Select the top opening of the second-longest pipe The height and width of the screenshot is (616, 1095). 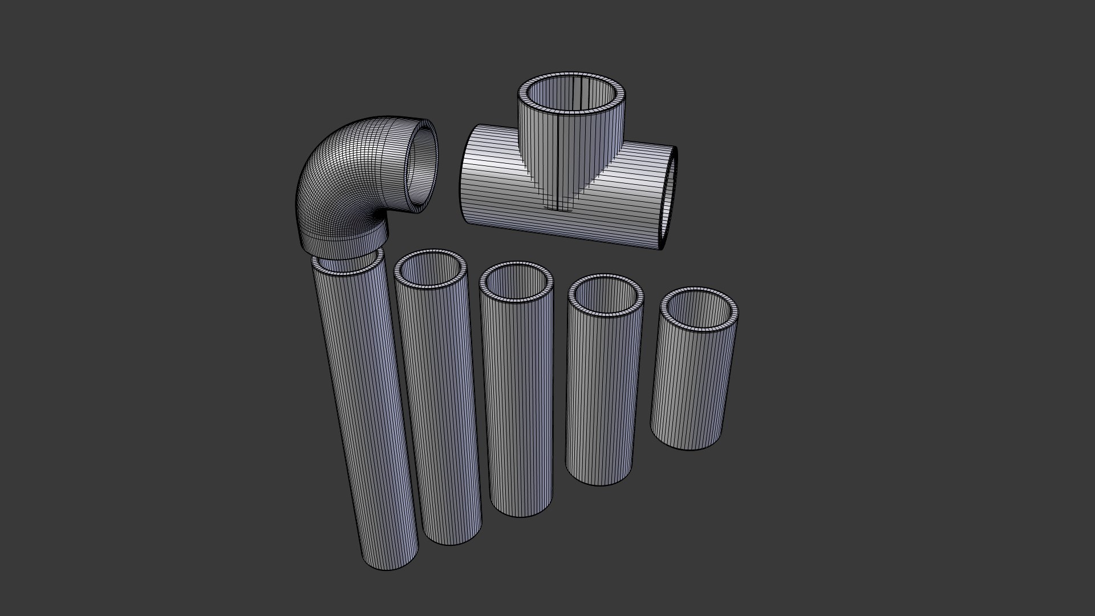coord(431,269)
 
